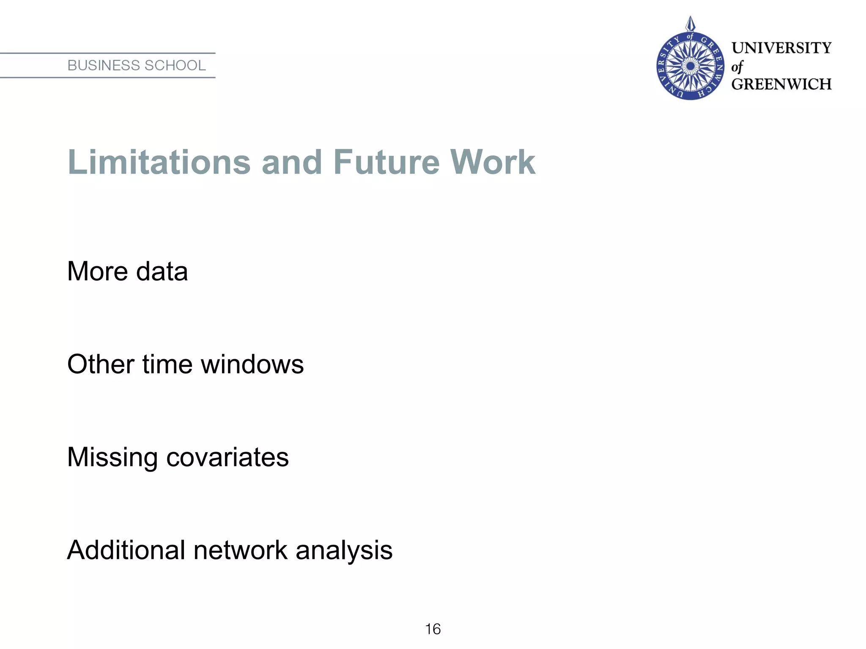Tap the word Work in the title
point(493,162)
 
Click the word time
point(167,364)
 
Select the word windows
point(252,364)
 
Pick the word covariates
point(227,458)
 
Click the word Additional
point(126,550)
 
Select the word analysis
point(344,551)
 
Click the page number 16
point(433,629)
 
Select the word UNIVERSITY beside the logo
point(781,48)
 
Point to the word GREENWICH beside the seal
point(781,85)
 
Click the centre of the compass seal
point(690,66)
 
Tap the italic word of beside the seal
point(737,67)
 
